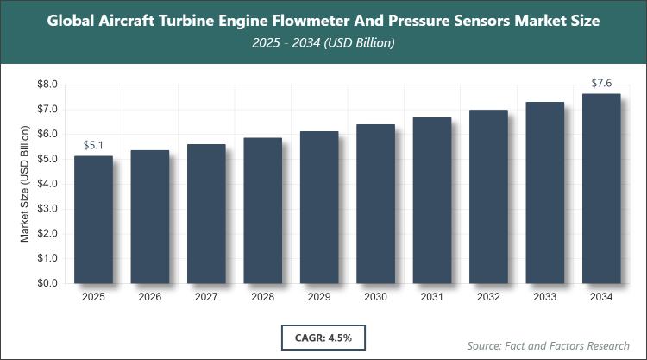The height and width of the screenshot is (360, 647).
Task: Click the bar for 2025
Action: click(93, 219)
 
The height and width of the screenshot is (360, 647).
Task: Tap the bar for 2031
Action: click(431, 200)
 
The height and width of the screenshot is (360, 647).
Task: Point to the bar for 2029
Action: click(318, 207)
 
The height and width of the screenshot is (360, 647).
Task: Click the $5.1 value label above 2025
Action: click(94, 145)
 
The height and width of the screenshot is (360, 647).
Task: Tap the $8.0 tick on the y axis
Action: click(46, 85)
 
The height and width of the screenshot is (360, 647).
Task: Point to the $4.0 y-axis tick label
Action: click(46, 184)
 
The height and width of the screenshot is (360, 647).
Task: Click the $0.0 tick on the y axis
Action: click(46, 283)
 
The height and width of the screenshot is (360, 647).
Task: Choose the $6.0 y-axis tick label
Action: click(46, 135)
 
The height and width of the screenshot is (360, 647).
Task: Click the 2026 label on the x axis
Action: click(149, 298)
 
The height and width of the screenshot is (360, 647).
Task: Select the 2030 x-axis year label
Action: click(375, 298)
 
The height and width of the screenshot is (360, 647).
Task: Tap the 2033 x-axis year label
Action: click(544, 298)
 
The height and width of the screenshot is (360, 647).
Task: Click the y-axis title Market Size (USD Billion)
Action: click(25, 184)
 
